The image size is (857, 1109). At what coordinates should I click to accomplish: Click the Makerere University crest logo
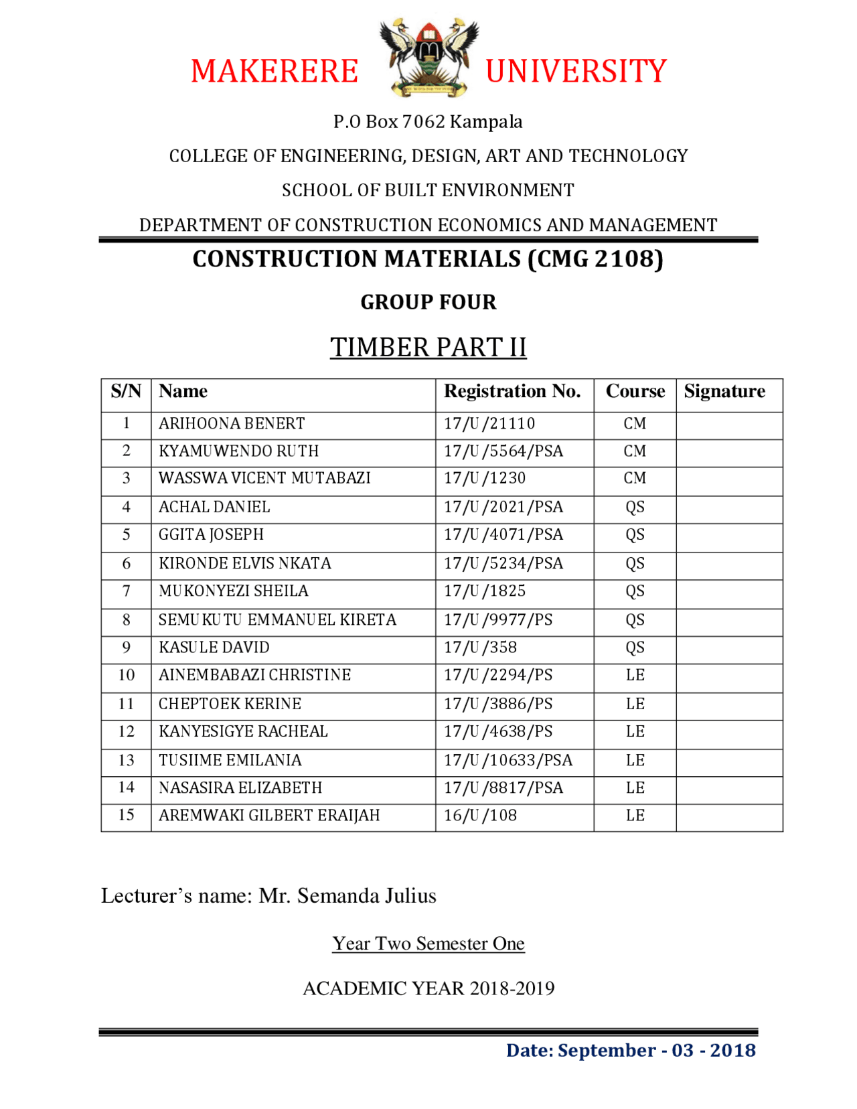click(x=428, y=57)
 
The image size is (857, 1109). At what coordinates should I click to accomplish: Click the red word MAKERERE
click(x=275, y=72)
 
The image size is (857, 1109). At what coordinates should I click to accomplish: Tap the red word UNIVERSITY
click(x=576, y=72)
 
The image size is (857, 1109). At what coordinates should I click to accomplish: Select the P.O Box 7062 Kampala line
click(x=428, y=122)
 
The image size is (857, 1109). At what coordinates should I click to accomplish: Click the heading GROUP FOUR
click(x=428, y=302)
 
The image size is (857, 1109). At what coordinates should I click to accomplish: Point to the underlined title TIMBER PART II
click(x=428, y=347)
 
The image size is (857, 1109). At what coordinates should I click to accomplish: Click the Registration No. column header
click(x=512, y=391)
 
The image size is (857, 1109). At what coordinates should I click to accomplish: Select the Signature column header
click(x=724, y=391)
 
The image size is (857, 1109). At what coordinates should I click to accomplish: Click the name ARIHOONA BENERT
click(x=232, y=423)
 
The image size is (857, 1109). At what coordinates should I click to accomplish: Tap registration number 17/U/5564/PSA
click(x=503, y=451)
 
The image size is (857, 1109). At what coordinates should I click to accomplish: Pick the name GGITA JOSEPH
click(x=211, y=534)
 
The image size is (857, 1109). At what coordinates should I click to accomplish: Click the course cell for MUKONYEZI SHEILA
click(x=635, y=591)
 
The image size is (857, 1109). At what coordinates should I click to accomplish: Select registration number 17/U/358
click(x=481, y=647)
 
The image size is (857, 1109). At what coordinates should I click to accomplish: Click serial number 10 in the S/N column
click(x=126, y=675)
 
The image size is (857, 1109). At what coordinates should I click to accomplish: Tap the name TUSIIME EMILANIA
click(x=230, y=760)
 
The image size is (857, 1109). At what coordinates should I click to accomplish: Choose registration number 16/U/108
click(x=481, y=815)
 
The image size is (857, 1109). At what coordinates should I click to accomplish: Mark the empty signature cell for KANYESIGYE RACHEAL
click(x=728, y=732)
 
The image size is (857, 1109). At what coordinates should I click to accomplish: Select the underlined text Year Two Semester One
click(x=428, y=943)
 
